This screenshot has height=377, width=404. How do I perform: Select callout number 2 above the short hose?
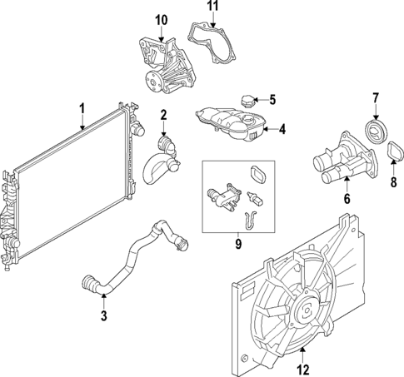[x=164, y=114]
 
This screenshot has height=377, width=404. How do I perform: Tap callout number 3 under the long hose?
[x=102, y=315]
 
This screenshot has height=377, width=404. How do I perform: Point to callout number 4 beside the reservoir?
[x=282, y=129]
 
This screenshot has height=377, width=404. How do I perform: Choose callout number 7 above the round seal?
[x=375, y=97]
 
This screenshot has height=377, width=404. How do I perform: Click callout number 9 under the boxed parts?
[x=237, y=244]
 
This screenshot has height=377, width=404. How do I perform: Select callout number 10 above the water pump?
[x=161, y=19]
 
